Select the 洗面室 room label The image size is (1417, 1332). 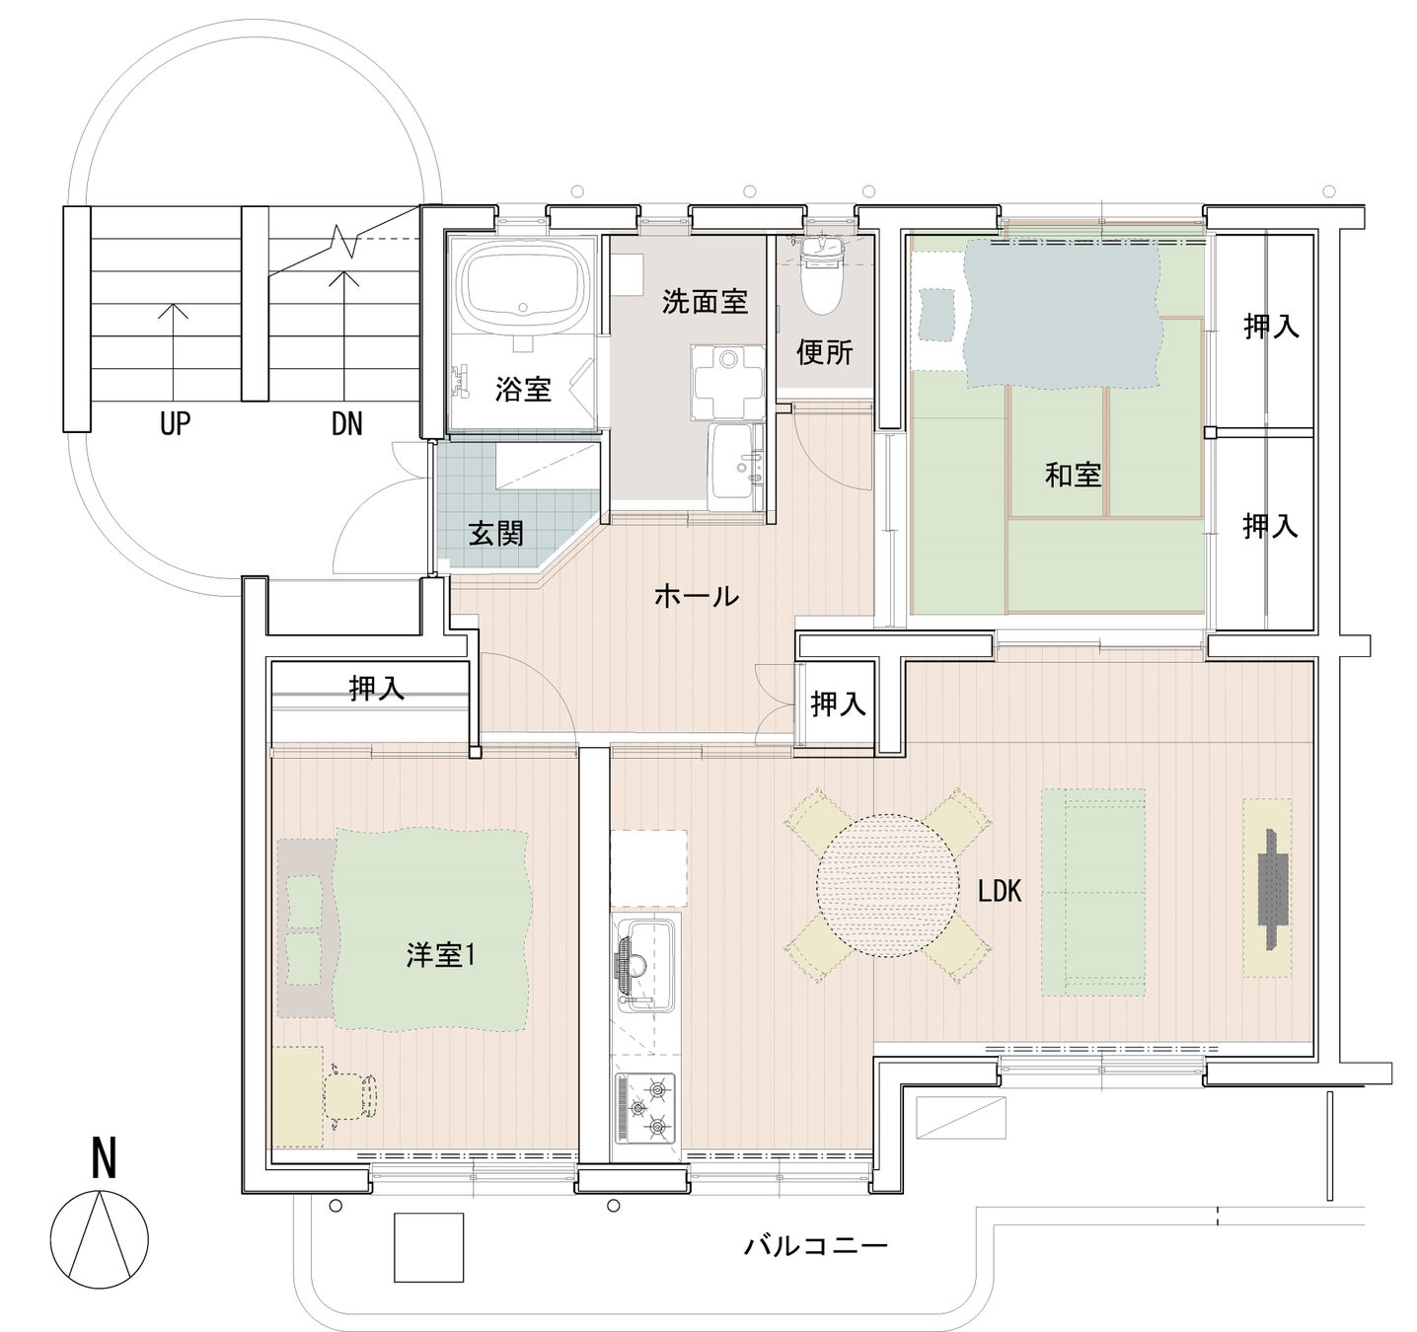[705, 302]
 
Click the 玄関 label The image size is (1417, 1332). [496, 533]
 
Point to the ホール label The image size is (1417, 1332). [697, 595]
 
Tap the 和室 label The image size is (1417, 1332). [1073, 475]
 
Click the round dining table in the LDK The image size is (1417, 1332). [887, 885]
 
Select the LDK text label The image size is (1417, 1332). [1000, 891]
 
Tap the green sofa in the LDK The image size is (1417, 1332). [1093, 892]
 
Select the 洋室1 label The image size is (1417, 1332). [440, 956]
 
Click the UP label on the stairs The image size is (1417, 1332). [175, 424]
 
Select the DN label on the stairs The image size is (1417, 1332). [346, 424]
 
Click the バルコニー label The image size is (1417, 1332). [816, 1240]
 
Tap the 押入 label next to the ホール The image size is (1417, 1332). [839, 704]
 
